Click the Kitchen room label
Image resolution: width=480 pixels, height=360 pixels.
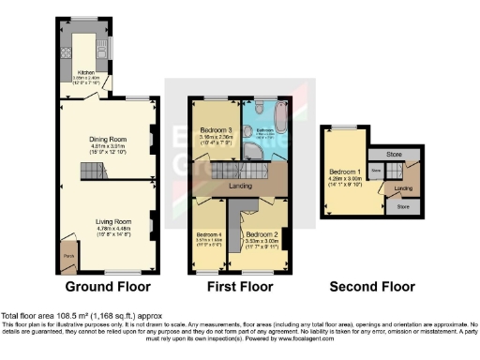[x=85, y=71]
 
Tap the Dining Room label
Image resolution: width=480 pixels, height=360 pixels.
[x=108, y=140]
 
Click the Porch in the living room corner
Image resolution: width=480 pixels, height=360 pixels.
[x=68, y=254]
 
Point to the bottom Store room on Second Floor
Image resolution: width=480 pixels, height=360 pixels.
[x=403, y=205]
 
